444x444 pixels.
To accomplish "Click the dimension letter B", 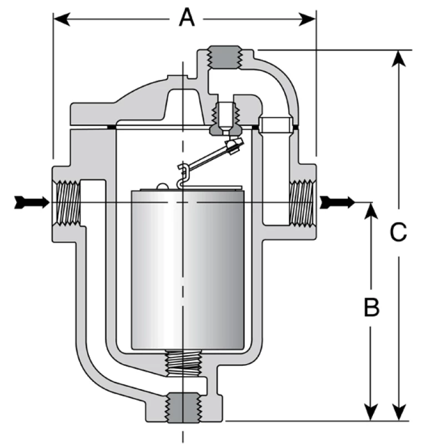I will coord(371,306).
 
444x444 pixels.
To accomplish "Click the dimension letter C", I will coord(398,233).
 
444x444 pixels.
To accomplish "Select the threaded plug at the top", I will coord(225,59).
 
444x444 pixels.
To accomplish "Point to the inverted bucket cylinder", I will coord(187,272).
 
